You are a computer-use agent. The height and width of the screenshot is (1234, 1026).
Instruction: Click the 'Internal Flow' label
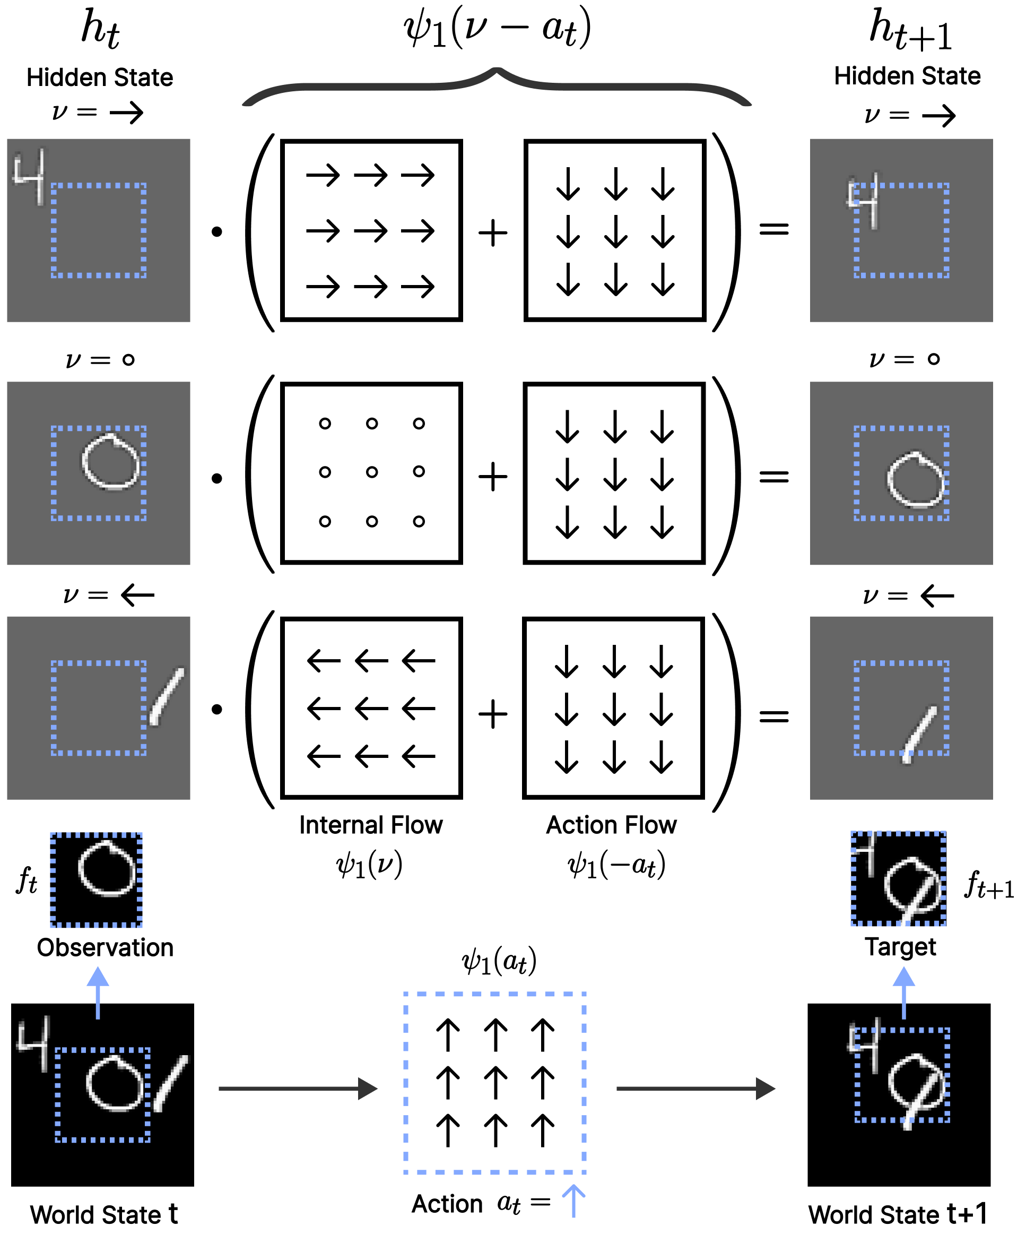[371, 825]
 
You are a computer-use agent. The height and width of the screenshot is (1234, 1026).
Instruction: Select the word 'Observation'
[105, 947]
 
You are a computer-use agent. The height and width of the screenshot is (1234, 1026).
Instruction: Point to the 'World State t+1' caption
[898, 1214]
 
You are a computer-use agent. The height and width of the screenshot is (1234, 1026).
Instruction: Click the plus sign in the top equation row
[493, 232]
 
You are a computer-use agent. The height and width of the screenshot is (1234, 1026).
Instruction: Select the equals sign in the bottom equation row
[773, 715]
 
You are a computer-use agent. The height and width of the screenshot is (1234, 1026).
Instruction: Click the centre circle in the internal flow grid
[372, 472]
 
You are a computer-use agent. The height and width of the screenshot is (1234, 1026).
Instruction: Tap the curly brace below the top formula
[497, 87]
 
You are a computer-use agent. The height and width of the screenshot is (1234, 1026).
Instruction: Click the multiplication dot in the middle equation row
[216, 478]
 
